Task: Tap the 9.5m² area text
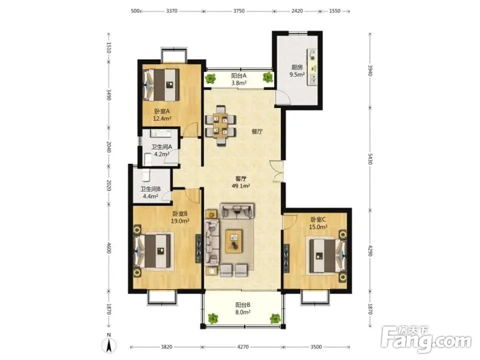(297, 74)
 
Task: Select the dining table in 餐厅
(221, 125)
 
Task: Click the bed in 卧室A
(161, 85)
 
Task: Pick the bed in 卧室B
(153, 251)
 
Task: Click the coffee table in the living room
(234, 241)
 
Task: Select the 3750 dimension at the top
(239, 11)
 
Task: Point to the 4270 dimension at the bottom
(243, 347)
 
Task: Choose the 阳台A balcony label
(239, 75)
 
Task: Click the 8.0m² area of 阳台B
(243, 312)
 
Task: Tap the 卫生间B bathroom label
(150, 189)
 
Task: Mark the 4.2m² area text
(162, 154)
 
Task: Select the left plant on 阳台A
(210, 78)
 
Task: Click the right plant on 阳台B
(275, 318)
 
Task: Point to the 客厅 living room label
(241, 179)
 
